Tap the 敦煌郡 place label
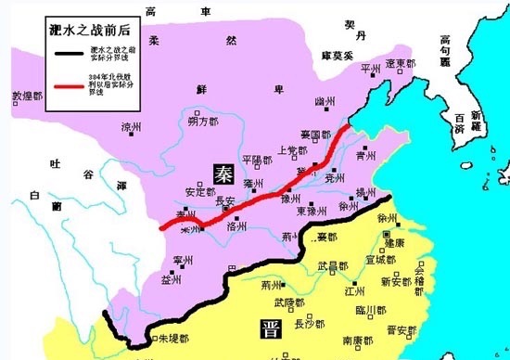click(x=26, y=96)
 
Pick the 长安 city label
click(x=225, y=200)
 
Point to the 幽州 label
click(x=325, y=100)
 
